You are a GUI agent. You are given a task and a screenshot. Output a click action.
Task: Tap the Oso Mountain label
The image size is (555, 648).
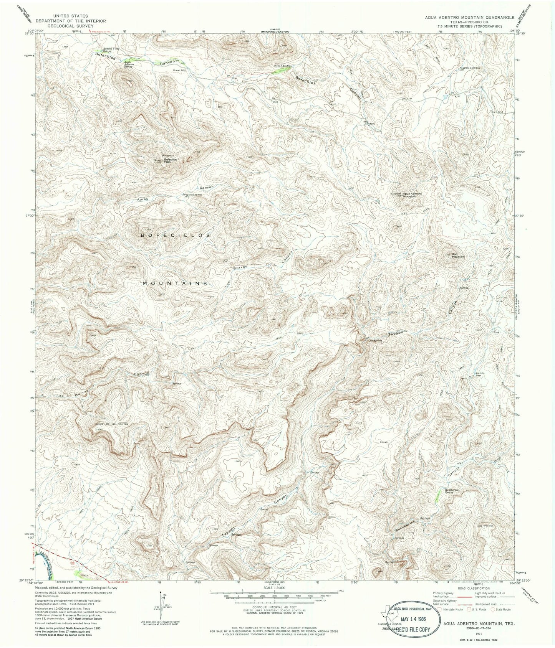(458, 256)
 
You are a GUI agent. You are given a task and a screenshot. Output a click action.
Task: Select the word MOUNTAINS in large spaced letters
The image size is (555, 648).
(175, 283)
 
